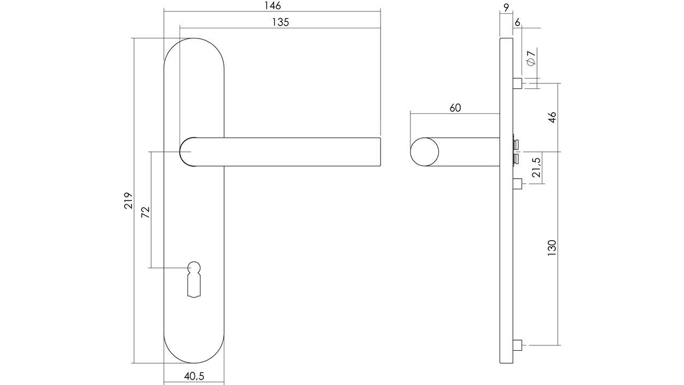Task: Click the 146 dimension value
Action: coord(273,6)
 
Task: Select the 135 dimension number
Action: coord(281,22)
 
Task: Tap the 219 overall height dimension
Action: coord(129,201)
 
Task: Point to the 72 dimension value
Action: coord(146,212)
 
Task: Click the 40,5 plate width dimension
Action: coord(194,376)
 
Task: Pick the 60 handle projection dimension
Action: coord(455,108)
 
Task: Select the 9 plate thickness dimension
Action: coord(506,8)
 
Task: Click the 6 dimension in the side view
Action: coord(517,22)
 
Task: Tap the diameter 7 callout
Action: coord(531,57)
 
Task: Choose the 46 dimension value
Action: coord(552,118)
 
